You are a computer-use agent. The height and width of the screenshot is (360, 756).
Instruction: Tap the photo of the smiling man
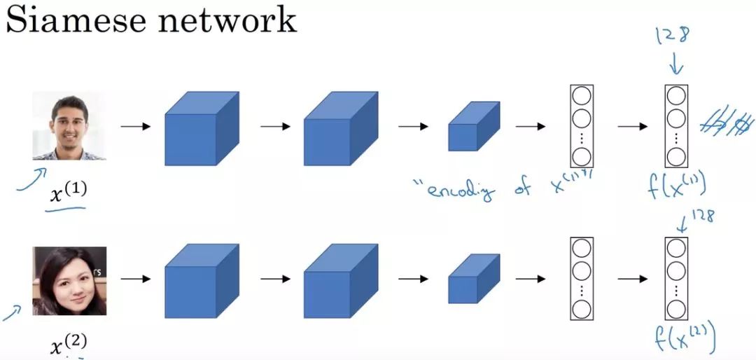click(69, 127)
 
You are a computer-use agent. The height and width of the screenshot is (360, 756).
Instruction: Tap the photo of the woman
click(69, 280)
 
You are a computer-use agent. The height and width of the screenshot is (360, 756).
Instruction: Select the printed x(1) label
click(67, 193)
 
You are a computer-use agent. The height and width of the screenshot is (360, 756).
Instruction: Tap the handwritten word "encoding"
click(458, 188)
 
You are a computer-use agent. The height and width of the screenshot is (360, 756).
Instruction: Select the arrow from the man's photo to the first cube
click(134, 127)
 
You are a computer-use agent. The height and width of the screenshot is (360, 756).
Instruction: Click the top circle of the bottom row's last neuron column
click(675, 249)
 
